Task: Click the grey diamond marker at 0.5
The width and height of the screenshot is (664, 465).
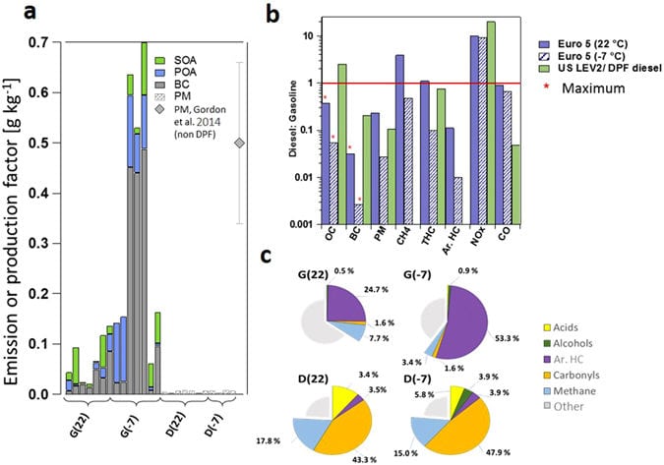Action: click(239, 144)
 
